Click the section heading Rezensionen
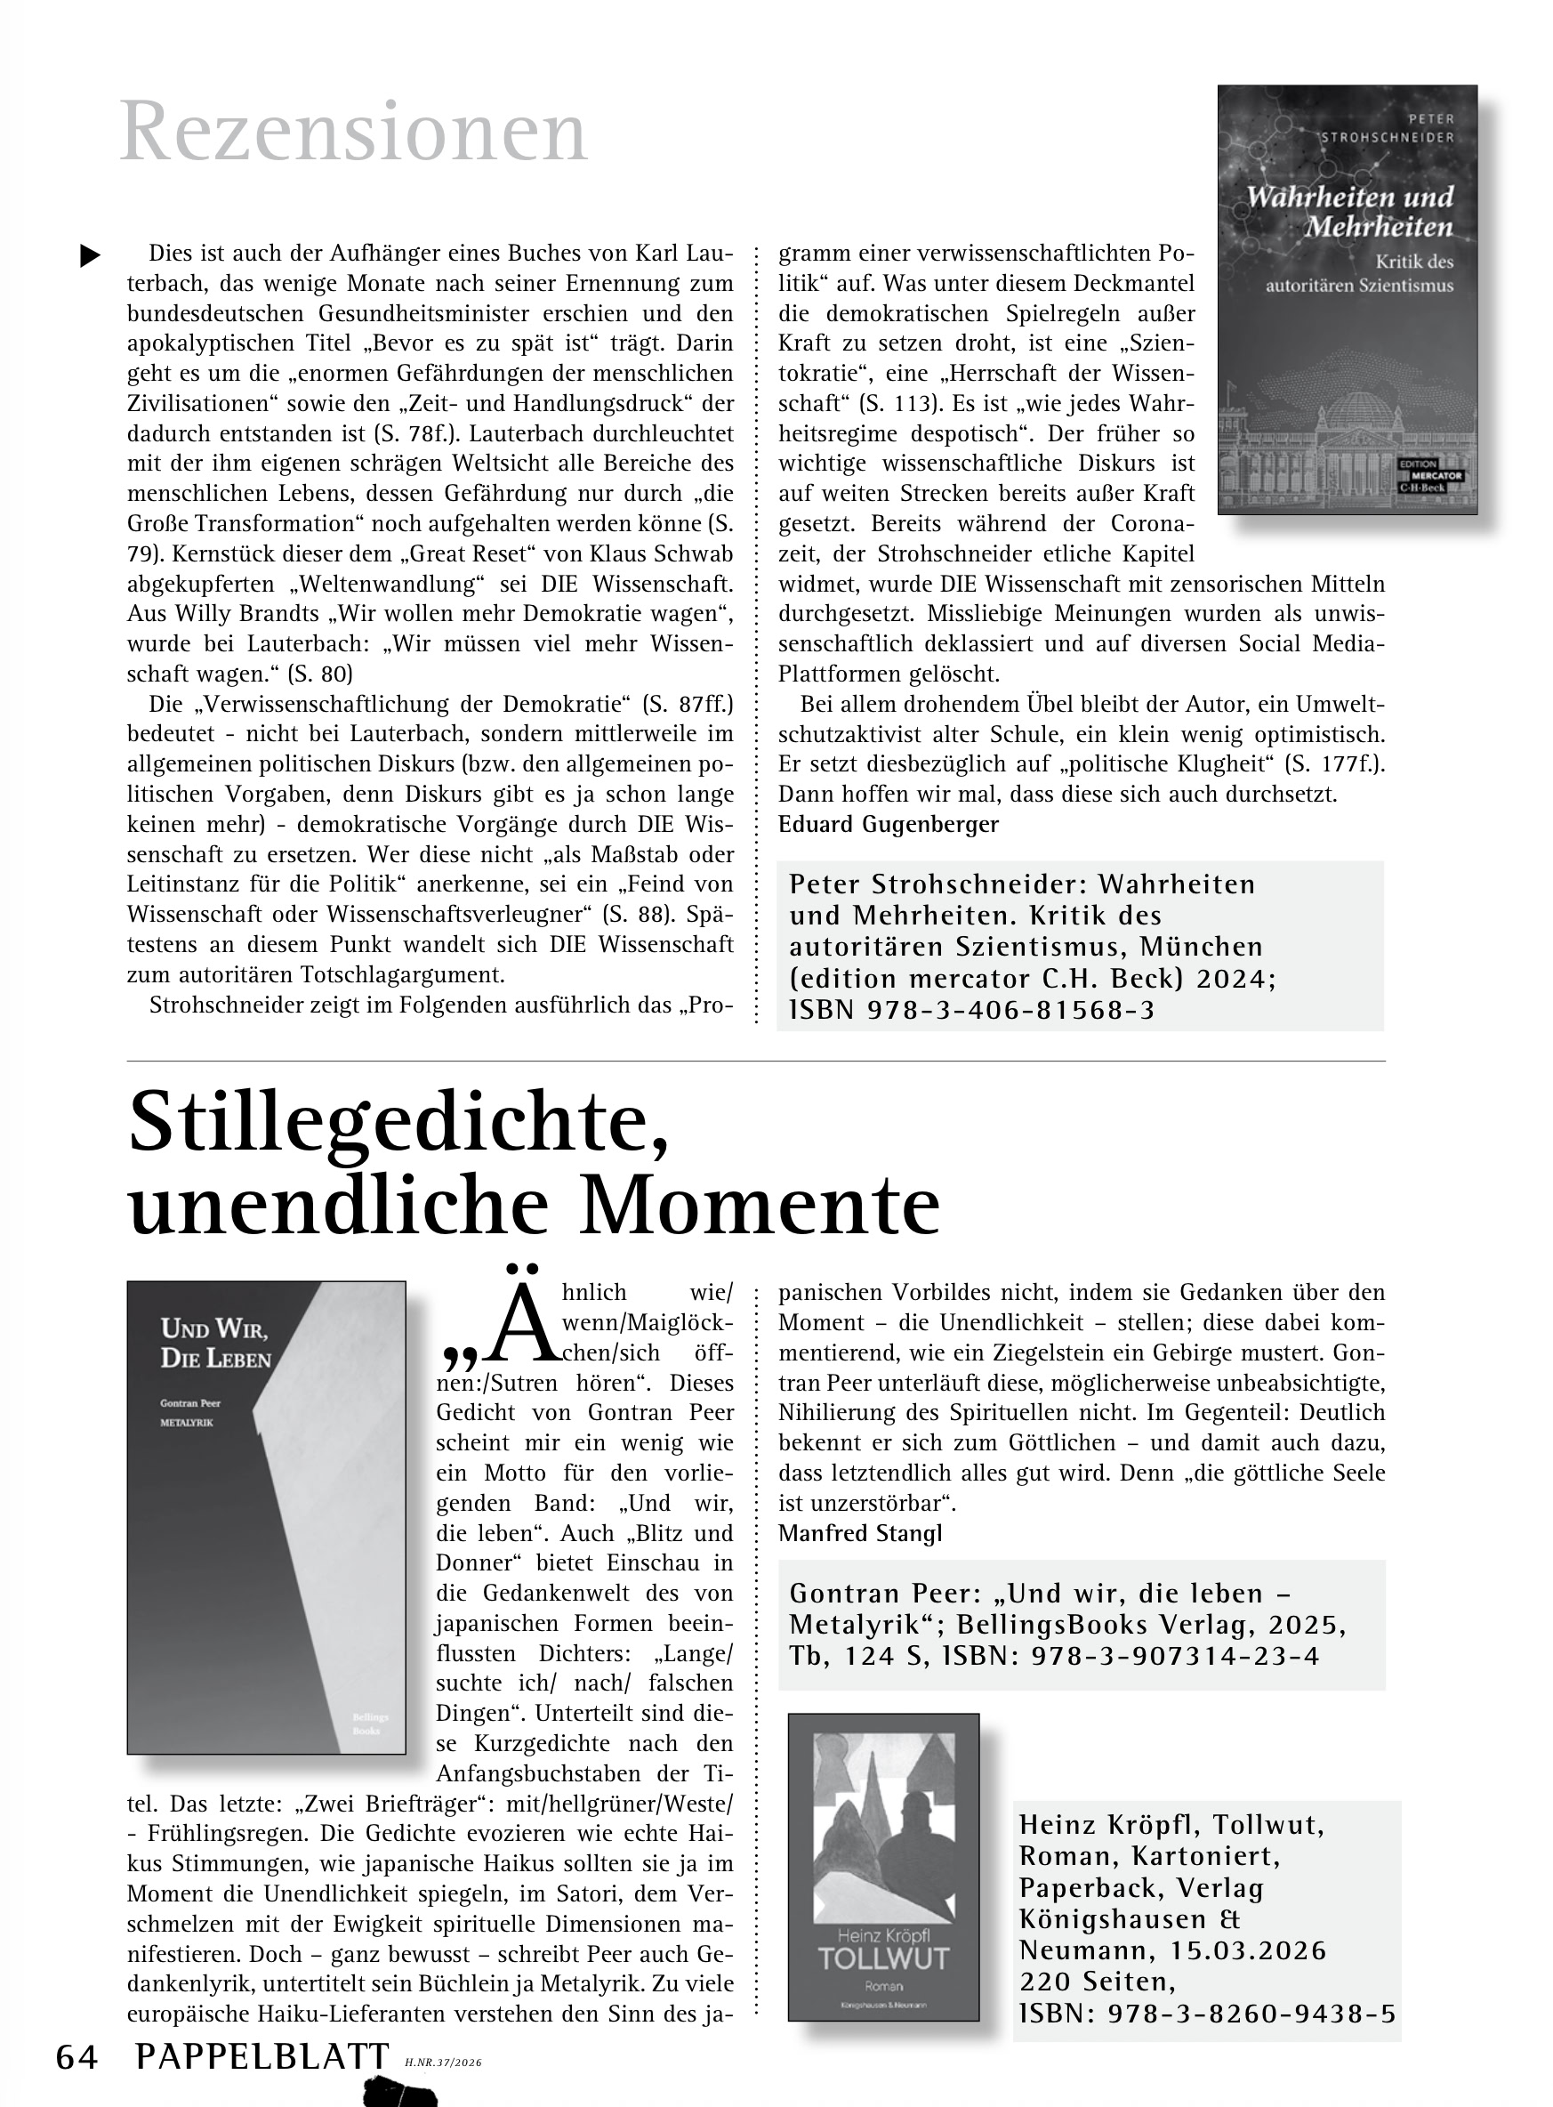(353, 133)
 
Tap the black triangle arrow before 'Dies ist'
(90, 255)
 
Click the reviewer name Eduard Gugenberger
(889, 825)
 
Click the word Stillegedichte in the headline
(399, 1125)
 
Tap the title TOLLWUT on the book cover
(882, 1958)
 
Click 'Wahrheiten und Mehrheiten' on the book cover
(1349, 212)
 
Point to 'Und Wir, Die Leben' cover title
(215, 1343)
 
